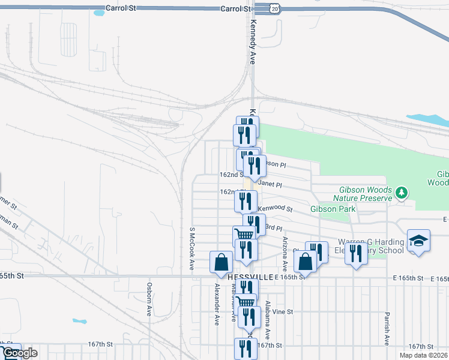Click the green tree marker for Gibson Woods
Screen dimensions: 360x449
402,193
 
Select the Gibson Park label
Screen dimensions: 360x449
333,209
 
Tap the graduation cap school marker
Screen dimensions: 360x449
418,241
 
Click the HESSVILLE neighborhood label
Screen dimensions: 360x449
250,277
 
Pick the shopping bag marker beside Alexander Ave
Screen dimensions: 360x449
221,262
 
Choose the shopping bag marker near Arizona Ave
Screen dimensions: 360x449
305,262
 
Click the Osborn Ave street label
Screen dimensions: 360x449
149,299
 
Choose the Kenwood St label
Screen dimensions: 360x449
275,209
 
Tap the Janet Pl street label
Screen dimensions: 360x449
270,185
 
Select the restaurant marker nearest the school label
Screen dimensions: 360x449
356,254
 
